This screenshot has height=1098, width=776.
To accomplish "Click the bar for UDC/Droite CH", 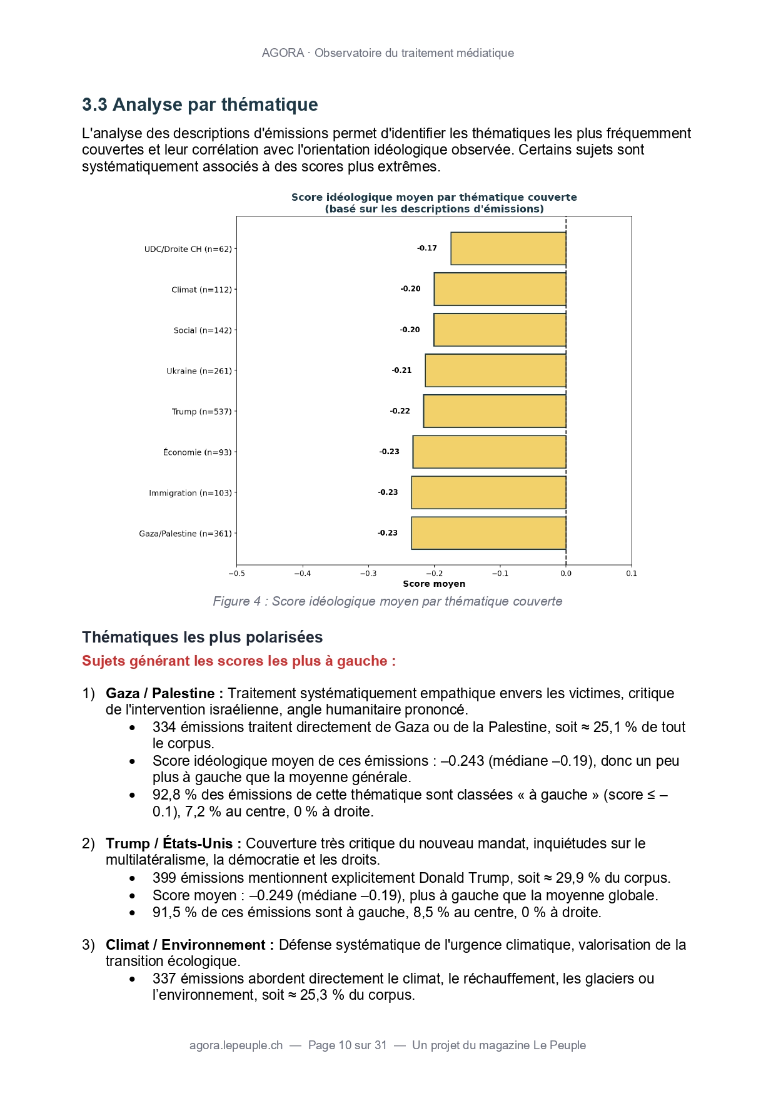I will [508, 248].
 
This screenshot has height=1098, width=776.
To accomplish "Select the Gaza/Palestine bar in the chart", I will [488, 533].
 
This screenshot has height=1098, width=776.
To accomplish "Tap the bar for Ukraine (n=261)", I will [495, 370].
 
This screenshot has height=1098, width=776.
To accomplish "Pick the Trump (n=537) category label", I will [201, 412].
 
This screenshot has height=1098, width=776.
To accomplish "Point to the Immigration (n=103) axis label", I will [190, 493].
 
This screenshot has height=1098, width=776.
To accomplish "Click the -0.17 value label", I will [427, 248].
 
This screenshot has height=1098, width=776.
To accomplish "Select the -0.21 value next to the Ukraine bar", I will [402, 370].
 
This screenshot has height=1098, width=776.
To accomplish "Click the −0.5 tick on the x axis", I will [236, 573].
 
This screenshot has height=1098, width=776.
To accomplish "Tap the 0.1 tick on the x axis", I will [632, 573].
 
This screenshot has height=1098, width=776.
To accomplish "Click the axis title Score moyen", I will [434, 584].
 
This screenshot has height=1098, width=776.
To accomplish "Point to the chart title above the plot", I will [434, 203].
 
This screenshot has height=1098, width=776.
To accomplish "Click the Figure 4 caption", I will [388, 601].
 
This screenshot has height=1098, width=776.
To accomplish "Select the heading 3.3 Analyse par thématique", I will [200, 104].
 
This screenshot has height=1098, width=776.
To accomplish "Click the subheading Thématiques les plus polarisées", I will [203, 637].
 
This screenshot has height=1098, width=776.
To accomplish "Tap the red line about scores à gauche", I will [239, 661].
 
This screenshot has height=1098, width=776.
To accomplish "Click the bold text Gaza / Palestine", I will [164, 693].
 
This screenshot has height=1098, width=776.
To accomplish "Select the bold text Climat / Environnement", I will [189, 945].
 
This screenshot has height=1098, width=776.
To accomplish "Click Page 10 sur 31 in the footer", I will [348, 1045].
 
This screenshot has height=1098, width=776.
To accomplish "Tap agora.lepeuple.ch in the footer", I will [236, 1045].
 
